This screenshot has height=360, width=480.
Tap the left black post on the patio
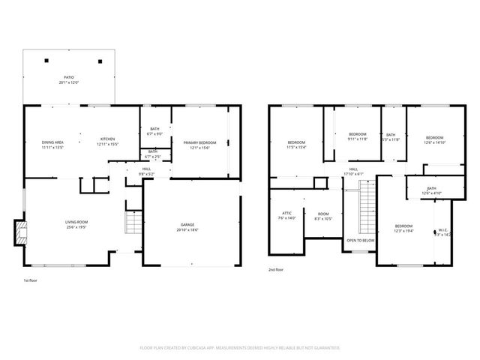(47, 60)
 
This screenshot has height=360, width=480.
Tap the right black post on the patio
(100, 61)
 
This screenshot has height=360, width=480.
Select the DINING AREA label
(52, 142)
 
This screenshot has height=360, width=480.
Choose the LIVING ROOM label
(76, 222)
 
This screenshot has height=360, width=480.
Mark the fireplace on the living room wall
(20, 232)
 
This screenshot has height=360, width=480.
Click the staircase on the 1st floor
(133, 223)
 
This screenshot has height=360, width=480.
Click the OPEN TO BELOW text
(360, 240)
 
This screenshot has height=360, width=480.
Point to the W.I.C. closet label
(442, 231)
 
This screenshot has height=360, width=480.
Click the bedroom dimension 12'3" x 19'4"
(403, 230)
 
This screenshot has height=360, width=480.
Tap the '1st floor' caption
(31, 280)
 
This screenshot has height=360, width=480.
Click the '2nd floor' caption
(277, 269)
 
